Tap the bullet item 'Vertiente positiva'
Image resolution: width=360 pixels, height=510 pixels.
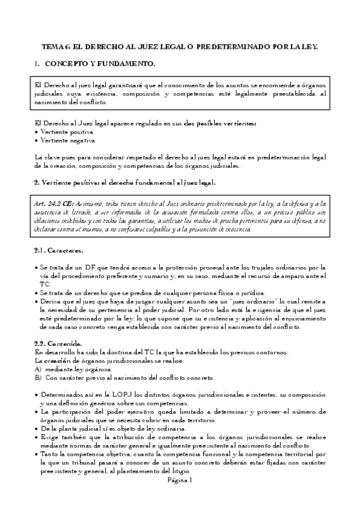pos(66,131)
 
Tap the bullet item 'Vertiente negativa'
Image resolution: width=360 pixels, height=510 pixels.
pos(67,140)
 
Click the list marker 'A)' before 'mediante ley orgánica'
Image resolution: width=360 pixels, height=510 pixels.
pos(38,369)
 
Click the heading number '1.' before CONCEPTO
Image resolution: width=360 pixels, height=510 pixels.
pos(37,63)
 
